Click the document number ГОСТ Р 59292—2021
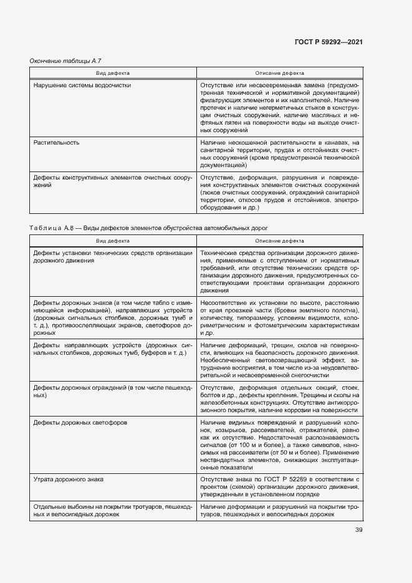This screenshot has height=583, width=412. point(328,42)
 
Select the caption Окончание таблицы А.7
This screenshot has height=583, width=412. point(65,60)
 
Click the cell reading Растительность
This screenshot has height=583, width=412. point(56,142)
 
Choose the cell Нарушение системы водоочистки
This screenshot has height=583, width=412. point(82,84)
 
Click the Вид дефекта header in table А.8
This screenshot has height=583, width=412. point(113,240)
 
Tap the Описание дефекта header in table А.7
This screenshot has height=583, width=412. point(279,72)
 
